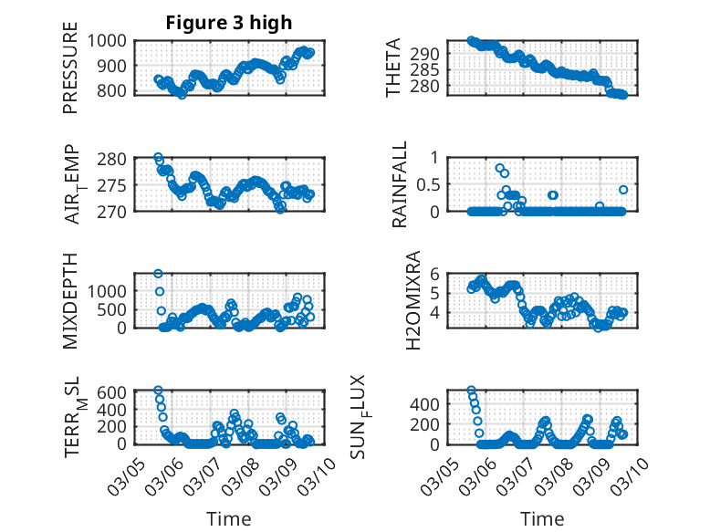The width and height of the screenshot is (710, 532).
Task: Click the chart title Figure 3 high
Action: click(228, 23)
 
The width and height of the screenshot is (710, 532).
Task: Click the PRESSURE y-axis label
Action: click(71, 75)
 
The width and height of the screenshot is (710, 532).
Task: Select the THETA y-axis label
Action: click(393, 68)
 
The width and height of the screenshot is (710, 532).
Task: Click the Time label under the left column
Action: click(228, 519)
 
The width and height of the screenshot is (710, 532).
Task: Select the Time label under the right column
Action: click(543, 519)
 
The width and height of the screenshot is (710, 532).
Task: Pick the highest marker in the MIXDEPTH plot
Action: click(158, 274)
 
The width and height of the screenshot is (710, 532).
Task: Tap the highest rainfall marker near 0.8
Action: click(500, 168)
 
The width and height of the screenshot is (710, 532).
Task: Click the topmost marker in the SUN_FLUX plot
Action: click(471, 391)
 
